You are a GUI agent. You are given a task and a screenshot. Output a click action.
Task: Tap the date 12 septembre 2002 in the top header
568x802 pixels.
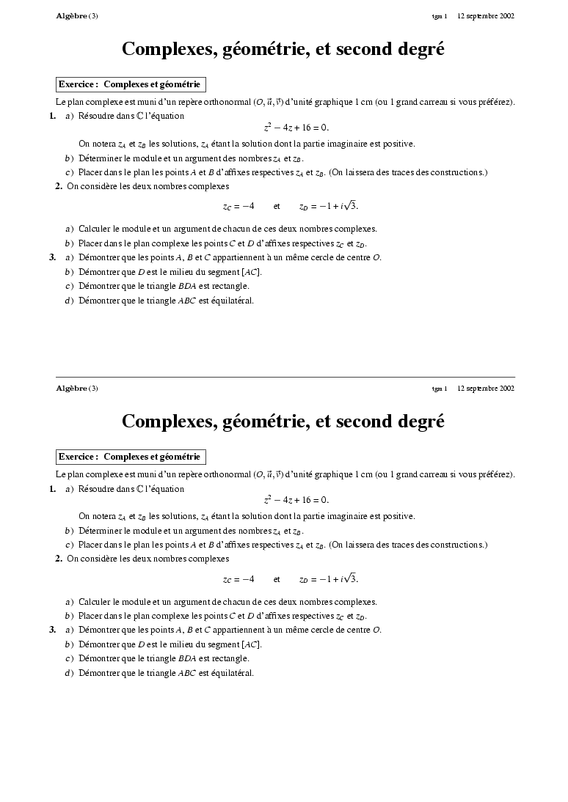click(x=486, y=15)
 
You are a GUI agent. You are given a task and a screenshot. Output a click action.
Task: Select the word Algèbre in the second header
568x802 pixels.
click(x=71, y=388)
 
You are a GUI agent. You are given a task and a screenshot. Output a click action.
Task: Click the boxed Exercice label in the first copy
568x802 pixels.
click(x=131, y=84)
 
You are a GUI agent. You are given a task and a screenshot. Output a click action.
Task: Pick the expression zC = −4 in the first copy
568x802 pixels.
click(x=239, y=207)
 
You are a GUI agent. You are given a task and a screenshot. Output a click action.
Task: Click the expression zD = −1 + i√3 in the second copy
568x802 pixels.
click(x=329, y=579)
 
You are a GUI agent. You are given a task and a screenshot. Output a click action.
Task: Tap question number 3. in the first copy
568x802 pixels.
click(x=52, y=257)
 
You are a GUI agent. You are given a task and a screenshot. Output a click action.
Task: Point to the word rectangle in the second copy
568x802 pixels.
click(x=230, y=658)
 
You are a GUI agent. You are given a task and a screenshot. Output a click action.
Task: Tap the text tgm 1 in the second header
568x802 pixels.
click(x=440, y=388)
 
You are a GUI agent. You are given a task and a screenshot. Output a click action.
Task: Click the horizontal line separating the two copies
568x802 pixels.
click(x=285, y=377)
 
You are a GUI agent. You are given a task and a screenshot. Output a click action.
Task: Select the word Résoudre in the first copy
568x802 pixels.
click(x=95, y=116)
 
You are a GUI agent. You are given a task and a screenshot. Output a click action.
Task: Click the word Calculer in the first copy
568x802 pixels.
click(x=95, y=229)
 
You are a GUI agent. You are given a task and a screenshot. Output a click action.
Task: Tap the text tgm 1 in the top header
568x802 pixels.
click(x=440, y=15)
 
